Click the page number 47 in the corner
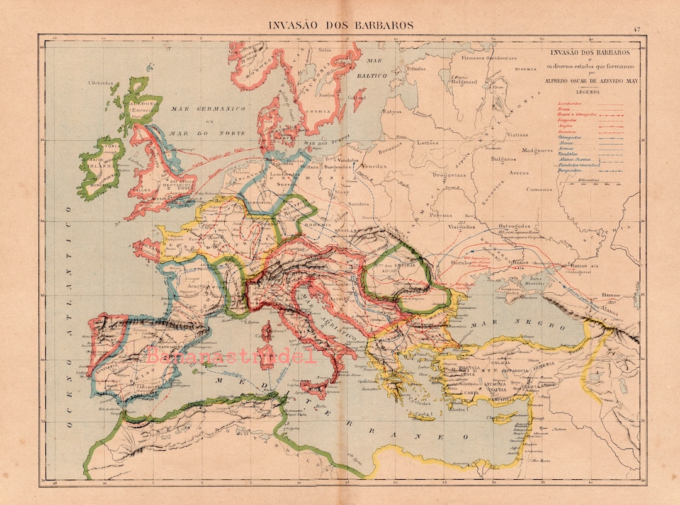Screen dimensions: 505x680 637,29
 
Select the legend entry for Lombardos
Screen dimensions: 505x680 570,102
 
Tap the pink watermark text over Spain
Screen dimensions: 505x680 232,356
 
